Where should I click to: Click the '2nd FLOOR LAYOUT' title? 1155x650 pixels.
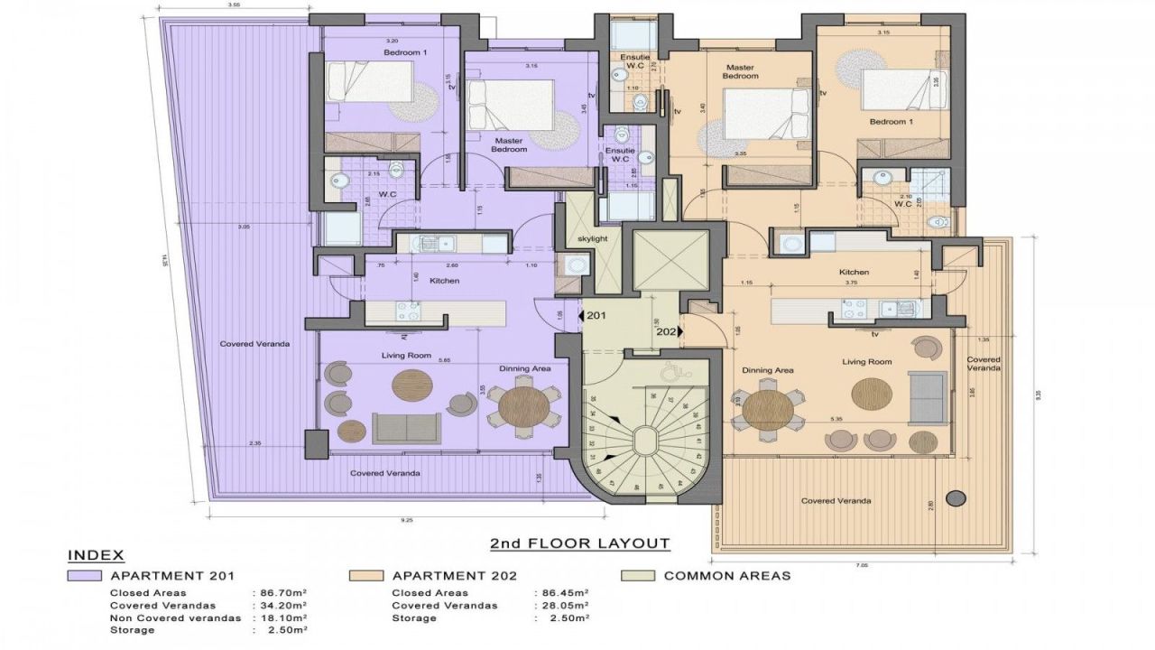(x=579, y=543)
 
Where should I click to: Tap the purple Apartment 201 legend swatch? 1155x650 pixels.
(x=84, y=576)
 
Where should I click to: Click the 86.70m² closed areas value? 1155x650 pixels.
(x=280, y=593)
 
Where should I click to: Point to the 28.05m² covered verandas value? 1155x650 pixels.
(x=563, y=606)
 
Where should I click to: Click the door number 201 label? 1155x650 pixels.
(x=596, y=316)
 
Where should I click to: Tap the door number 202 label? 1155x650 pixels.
(x=666, y=331)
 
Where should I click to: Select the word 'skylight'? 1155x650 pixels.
(x=593, y=237)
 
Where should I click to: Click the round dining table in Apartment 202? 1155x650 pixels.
(x=767, y=410)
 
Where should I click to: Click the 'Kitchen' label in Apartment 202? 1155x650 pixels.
(x=854, y=272)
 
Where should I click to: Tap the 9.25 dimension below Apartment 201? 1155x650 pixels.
(x=408, y=520)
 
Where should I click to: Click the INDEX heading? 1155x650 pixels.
(x=96, y=554)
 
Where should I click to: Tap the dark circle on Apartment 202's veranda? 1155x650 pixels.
(x=955, y=497)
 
